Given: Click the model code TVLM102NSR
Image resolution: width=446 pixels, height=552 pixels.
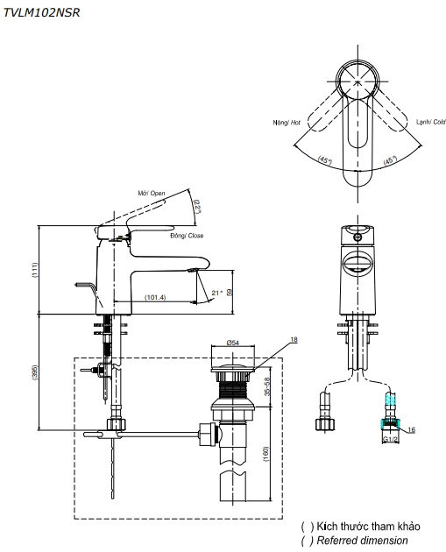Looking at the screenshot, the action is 41,12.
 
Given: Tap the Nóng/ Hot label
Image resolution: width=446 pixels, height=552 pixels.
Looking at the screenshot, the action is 287,123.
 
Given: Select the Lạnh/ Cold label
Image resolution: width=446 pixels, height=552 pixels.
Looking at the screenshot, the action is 431,122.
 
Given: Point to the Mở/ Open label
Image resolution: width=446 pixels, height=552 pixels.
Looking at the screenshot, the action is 152,194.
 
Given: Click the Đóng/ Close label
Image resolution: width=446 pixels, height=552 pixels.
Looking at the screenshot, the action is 187,236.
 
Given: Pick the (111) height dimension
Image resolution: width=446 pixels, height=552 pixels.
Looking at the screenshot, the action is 34,270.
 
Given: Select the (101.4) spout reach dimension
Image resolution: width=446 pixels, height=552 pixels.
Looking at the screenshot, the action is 155,297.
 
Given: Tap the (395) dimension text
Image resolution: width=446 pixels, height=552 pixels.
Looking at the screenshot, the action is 34,372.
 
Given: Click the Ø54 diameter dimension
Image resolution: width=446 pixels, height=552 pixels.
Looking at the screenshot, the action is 233,343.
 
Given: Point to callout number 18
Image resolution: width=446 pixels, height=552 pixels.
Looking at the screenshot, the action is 294,339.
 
